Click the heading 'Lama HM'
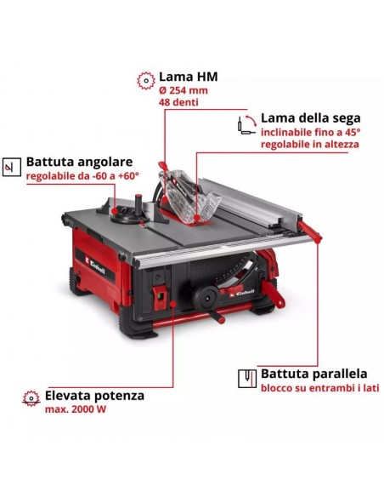tap(188, 77)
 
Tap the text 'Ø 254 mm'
tap(184, 90)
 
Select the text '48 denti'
tap(178, 102)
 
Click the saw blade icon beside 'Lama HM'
tap(146, 81)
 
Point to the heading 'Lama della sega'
tap(310, 118)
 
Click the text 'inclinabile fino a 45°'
tap(310, 132)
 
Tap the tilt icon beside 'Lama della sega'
tap(246, 125)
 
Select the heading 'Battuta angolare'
tap(79, 162)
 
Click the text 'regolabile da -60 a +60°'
tap(82, 175)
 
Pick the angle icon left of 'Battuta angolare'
tap(12, 167)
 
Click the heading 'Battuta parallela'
tap(313, 374)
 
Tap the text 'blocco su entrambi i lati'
tap(319, 388)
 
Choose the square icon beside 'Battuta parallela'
tap(247, 379)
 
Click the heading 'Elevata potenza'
tap(94, 395)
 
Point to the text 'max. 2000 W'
tap(76, 409)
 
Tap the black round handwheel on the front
tap(206, 298)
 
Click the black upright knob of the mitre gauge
tap(138, 204)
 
